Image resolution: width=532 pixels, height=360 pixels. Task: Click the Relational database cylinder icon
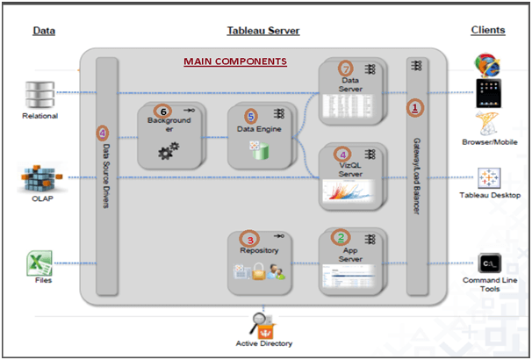[x=40, y=95]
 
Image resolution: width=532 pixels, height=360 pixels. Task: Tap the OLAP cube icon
[x=42, y=177]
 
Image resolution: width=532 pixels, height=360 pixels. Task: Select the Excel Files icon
[x=40, y=263]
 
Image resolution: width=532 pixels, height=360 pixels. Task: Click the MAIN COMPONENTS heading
[x=235, y=61]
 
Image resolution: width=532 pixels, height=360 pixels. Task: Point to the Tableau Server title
[x=263, y=31]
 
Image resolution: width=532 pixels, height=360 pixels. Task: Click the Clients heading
[x=488, y=30]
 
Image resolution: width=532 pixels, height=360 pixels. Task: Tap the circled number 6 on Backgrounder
[x=163, y=112]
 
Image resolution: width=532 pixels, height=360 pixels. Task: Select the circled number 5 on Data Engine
[x=251, y=117]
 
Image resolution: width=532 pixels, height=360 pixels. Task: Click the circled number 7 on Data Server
[x=345, y=68]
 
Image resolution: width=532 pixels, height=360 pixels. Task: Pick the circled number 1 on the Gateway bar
[x=414, y=108]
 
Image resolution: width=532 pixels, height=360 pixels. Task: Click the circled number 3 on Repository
[x=249, y=239]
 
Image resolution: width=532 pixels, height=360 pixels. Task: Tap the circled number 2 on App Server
[x=341, y=237]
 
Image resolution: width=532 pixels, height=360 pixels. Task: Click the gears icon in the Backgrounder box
[x=169, y=151]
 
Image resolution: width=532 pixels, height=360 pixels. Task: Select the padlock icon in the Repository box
[x=258, y=271]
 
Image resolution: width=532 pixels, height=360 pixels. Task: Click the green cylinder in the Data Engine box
[x=261, y=151]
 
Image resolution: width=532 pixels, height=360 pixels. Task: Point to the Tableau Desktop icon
[x=489, y=178]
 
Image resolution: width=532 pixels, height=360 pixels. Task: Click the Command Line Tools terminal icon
[x=489, y=263]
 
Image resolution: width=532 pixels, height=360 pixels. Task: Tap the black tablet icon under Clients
[x=489, y=93]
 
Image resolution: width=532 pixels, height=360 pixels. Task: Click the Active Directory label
[x=264, y=343]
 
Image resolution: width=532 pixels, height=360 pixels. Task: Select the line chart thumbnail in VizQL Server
[x=349, y=191]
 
